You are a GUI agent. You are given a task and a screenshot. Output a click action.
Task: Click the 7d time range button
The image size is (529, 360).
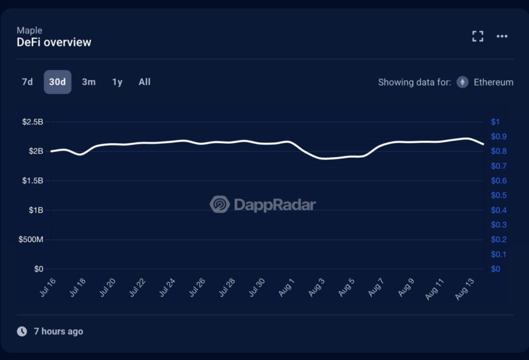[27, 82]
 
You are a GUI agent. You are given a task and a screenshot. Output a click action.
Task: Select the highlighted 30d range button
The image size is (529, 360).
[57, 82]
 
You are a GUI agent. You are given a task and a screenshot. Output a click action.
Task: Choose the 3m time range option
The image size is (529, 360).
[89, 82]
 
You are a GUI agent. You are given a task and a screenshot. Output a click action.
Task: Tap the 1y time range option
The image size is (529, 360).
[117, 82]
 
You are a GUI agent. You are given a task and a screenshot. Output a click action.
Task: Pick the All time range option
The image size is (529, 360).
[145, 82]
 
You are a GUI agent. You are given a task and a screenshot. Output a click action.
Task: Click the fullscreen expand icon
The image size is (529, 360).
[478, 36]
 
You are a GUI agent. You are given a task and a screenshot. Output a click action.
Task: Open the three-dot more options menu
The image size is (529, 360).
[502, 36]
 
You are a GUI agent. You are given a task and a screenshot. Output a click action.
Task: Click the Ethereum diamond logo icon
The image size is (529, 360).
[462, 82]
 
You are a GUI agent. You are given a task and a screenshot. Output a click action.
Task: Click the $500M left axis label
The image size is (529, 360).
[32, 240]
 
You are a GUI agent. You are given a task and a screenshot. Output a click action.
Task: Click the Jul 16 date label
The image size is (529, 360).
[47, 287]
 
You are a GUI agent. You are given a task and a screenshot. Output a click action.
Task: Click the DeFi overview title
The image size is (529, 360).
[54, 42]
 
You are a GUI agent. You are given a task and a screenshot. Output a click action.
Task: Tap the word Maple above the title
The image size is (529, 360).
[29, 30]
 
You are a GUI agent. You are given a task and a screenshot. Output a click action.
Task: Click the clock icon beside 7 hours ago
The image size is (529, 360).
[22, 332]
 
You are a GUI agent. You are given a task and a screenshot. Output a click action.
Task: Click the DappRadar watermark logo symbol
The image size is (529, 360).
[220, 205]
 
